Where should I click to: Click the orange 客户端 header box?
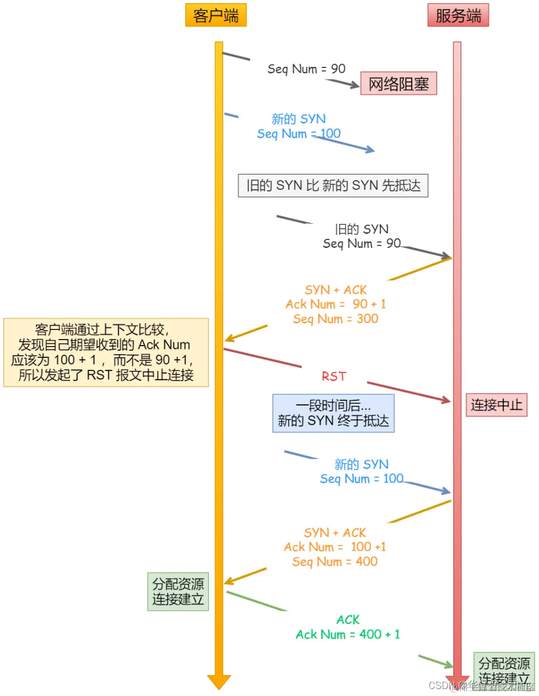tap(216, 15)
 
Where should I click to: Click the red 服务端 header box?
tap(458, 15)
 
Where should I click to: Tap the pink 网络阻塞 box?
tap(398, 84)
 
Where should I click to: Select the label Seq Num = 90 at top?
tap(306, 69)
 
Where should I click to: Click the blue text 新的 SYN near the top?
tap(298, 119)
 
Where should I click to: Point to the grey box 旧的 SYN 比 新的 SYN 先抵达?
tap(333, 185)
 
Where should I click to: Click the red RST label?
tap(334, 376)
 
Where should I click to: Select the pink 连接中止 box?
tap(496, 405)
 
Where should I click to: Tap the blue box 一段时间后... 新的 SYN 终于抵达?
tap(333, 414)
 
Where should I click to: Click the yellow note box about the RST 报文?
tap(106, 353)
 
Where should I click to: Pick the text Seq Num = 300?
tap(335, 319)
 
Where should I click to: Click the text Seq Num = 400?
tap(335, 562)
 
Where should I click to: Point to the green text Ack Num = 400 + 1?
tap(348, 635)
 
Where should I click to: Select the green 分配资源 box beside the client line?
tap(178, 591)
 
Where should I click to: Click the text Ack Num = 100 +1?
tap(335, 547)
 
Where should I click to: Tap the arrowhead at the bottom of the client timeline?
tap(219, 681)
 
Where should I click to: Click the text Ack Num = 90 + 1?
tap(335, 304)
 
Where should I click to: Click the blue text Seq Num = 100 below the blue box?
tap(361, 479)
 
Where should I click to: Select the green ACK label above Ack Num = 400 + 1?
tap(348, 620)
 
